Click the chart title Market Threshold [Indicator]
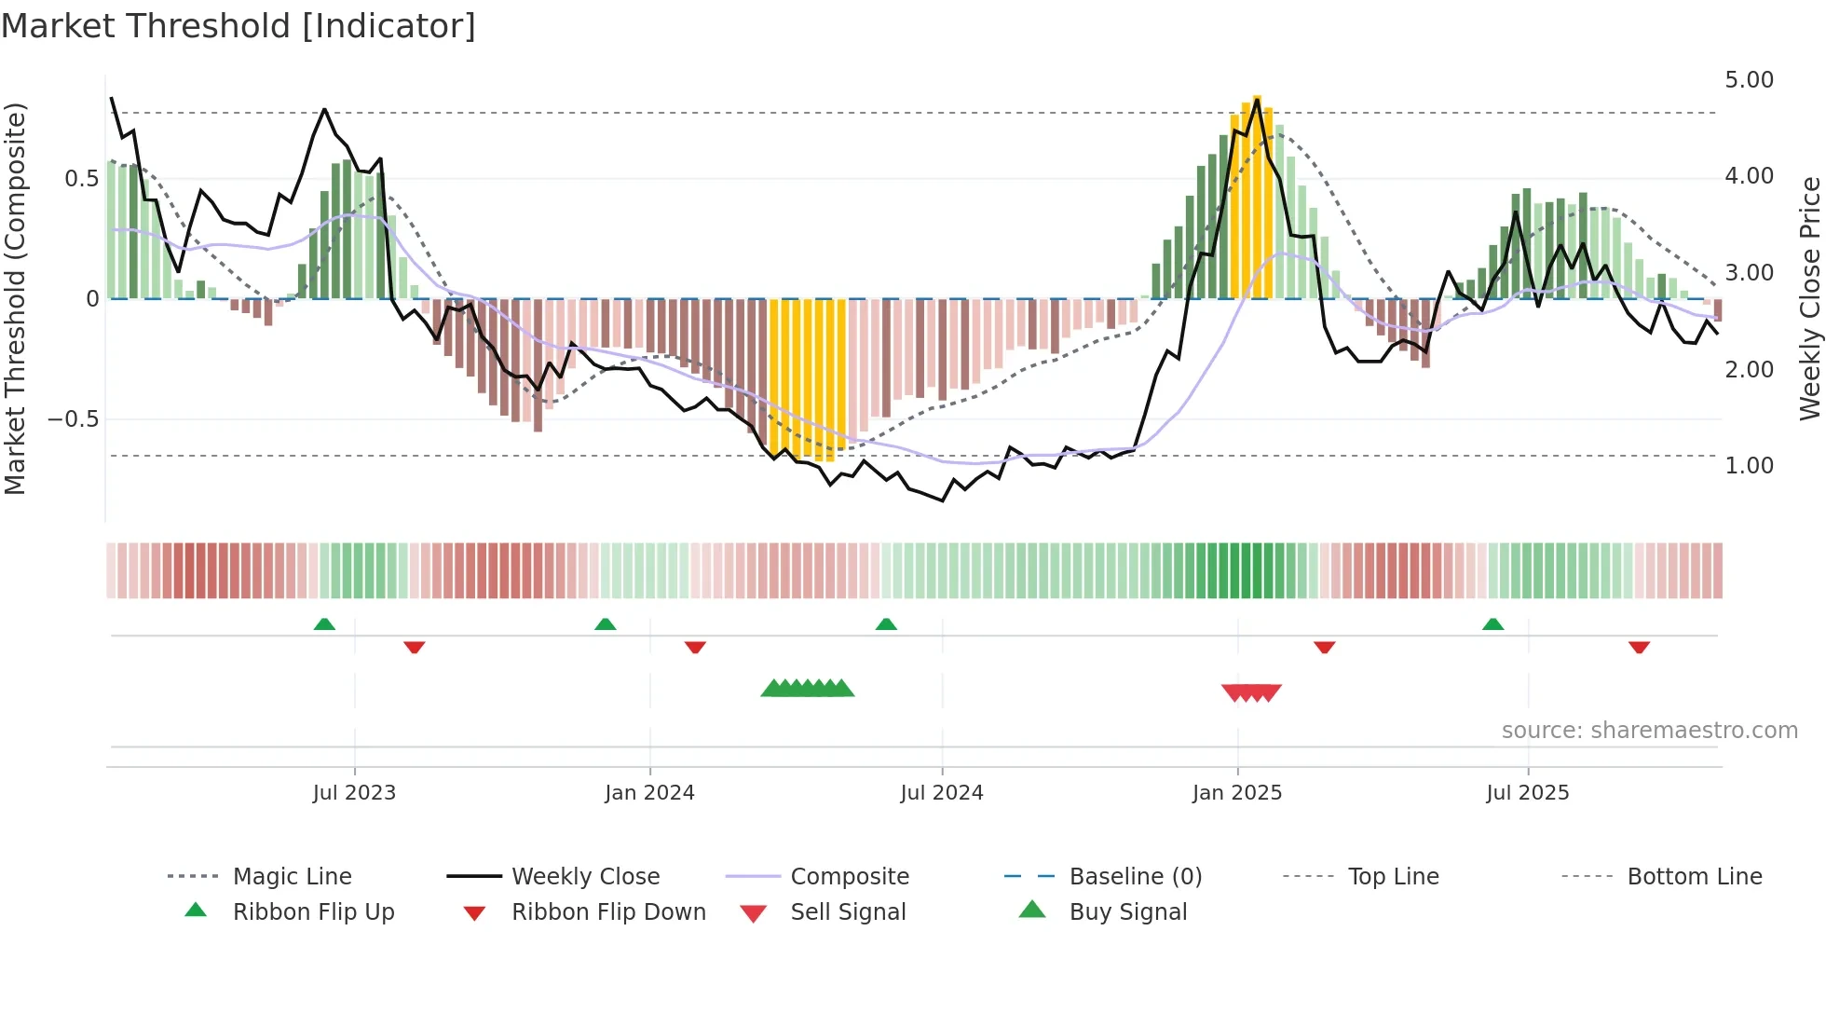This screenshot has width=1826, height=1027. [238, 26]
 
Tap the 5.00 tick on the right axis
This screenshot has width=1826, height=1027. [1749, 80]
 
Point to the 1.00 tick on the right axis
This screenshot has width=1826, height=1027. [1749, 466]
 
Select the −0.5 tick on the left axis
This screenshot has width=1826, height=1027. [74, 419]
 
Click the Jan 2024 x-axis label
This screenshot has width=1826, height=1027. [649, 793]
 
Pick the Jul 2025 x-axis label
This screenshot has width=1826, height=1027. [1527, 793]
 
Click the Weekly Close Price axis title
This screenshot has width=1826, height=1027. [1809, 298]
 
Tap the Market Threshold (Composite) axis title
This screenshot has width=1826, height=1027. [15, 298]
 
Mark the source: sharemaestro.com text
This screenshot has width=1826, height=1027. [1649, 731]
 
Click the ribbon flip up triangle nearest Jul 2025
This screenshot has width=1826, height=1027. [1492, 624]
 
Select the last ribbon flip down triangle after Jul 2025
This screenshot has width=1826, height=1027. [1639, 647]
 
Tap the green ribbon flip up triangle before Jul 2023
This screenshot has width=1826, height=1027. [324, 624]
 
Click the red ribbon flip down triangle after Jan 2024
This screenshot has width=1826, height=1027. [695, 647]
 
